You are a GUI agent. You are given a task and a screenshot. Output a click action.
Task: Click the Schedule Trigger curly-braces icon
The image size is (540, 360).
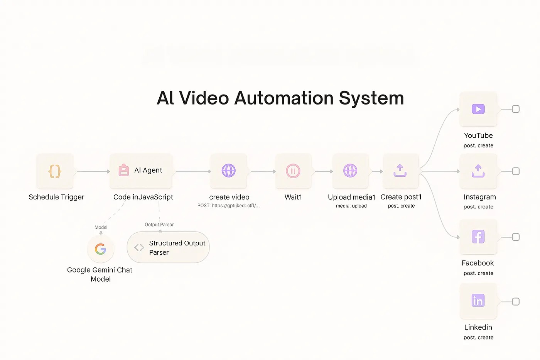pyautogui.click(x=55, y=171)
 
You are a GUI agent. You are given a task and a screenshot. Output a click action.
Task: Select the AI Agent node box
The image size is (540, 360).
pyautogui.click(x=141, y=171)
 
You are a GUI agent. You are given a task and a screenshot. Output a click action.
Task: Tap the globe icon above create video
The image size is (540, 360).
pyautogui.click(x=229, y=171)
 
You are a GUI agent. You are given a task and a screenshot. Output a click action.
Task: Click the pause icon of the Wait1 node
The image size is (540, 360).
pyautogui.click(x=293, y=171)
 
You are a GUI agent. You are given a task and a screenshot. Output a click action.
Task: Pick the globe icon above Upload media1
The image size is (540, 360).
pyautogui.click(x=350, y=171)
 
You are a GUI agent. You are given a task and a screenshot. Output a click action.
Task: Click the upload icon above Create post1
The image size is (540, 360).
pyautogui.click(x=400, y=171)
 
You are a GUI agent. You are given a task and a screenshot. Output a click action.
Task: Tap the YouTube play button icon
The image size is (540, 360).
pyautogui.click(x=478, y=109)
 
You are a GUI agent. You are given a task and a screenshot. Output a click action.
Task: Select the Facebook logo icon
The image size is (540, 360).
pyautogui.click(x=478, y=237)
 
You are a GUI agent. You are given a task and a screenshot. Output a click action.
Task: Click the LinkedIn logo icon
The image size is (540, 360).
pyautogui.click(x=478, y=301)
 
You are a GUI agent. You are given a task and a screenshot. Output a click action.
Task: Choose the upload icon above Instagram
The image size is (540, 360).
pyautogui.click(x=478, y=171)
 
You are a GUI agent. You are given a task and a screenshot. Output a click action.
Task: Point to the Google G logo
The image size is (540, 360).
pyautogui.click(x=100, y=249)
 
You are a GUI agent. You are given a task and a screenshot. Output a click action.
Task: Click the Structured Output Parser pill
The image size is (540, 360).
pyautogui.click(x=168, y=247)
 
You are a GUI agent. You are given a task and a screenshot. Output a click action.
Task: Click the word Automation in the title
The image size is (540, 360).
pyautogui.click(x=284, y=98)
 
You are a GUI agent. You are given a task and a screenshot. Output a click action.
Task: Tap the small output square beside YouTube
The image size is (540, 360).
pyautogui.click(x=516, y=109)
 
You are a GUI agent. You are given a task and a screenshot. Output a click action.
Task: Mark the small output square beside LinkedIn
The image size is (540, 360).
pyautogui.click(x=516, y=301)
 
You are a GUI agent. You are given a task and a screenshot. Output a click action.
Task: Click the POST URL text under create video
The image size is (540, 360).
pyautogui.click(x=228, y=206)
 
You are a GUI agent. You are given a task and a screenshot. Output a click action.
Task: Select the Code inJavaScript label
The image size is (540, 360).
pyautogui.click(x=143, y=197)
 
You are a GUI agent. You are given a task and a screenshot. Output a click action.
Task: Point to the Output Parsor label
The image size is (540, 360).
pyautogui.click(x=159, y=225)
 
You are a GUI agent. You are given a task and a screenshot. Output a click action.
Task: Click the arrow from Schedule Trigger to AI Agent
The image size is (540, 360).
pyautogui.click(x=93, y=171)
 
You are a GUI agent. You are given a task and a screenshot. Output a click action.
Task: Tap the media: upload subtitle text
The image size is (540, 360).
pyautogui.click(x=351, y=206)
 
